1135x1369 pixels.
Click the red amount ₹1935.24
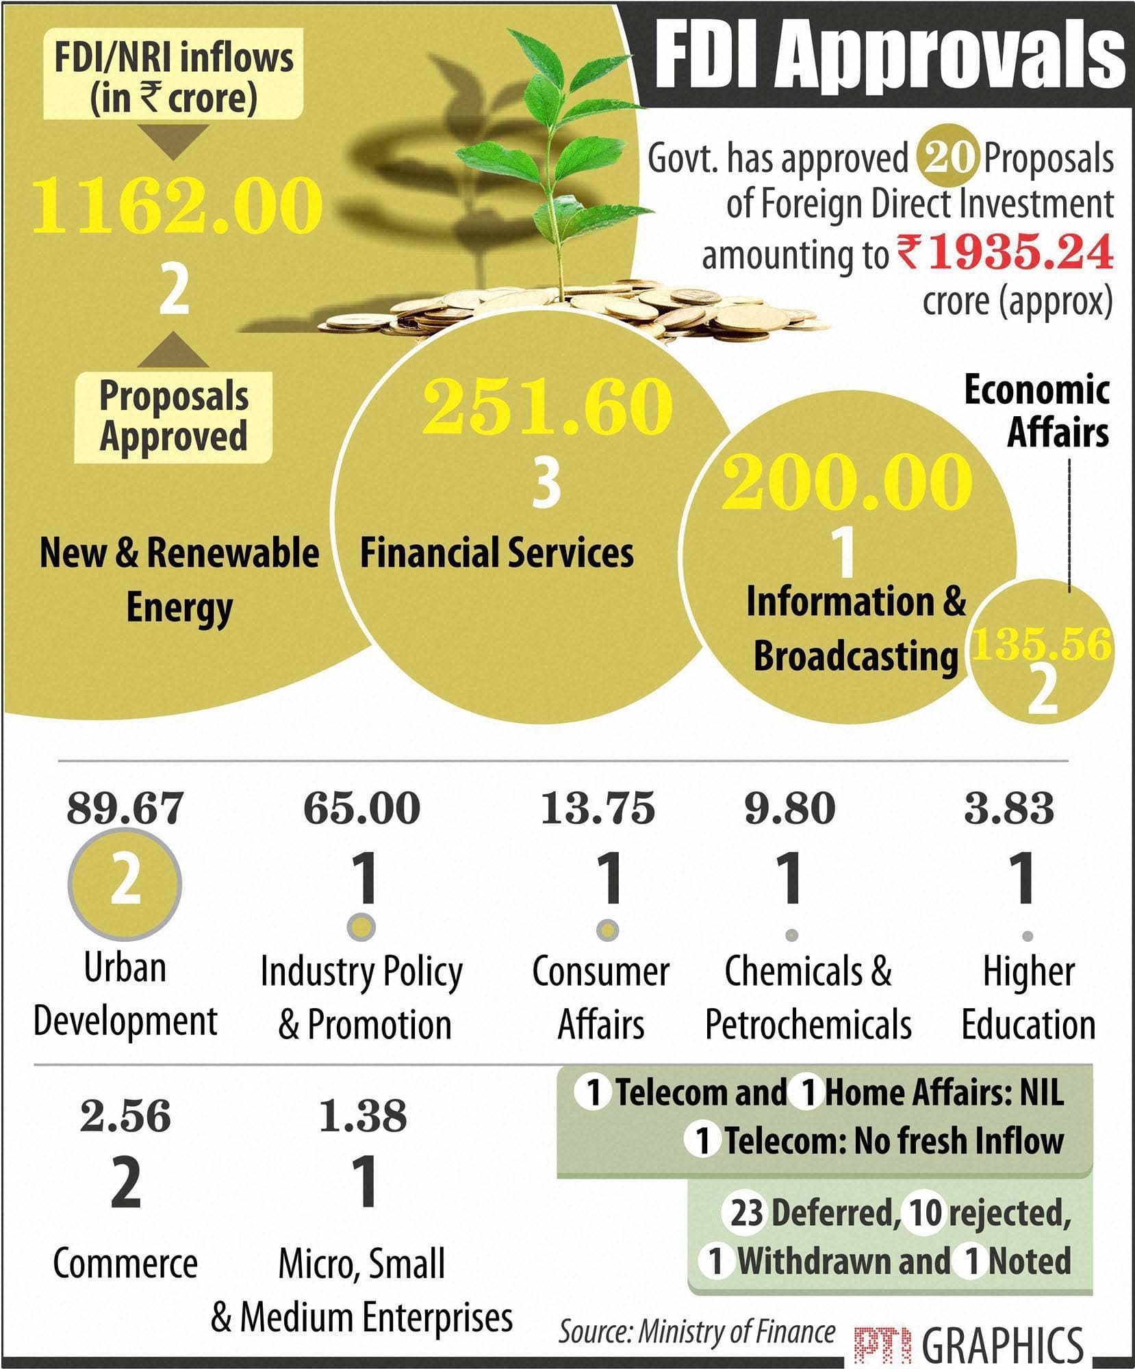(x=1006, y=252)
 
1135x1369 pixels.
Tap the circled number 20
(x=945, y=158)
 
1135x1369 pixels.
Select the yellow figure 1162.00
(x=176, y=204)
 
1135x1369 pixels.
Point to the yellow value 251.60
(x=546, y=407)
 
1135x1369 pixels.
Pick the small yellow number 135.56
(x=1041, y=645)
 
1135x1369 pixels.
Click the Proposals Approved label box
(x=173, y=417)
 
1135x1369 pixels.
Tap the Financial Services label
(x=497, y=552)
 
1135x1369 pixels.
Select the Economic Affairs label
(x=1036, y=411)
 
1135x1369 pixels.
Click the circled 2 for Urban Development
(x=125, y=882)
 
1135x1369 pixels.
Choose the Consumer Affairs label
(x=600, y=997)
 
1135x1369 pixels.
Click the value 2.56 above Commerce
(x=125, y=1116)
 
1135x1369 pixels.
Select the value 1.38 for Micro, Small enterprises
(x=363, y=1116)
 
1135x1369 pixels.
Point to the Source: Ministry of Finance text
(x=697, y=1331)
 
